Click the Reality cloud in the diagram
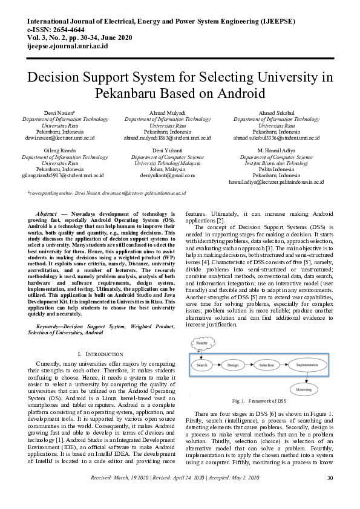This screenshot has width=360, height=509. click(x=202, y=343)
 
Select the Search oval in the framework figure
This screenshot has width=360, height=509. click(x=202, y=365)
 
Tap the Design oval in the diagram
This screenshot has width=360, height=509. click(x=233, y=365)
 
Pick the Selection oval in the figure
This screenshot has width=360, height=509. click(x=266, y=365)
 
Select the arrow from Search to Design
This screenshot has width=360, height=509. click(x=217, y=365)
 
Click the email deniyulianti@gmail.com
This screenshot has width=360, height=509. click(x=168, y=175)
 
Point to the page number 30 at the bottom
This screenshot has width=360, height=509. click(x=330, y=495)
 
